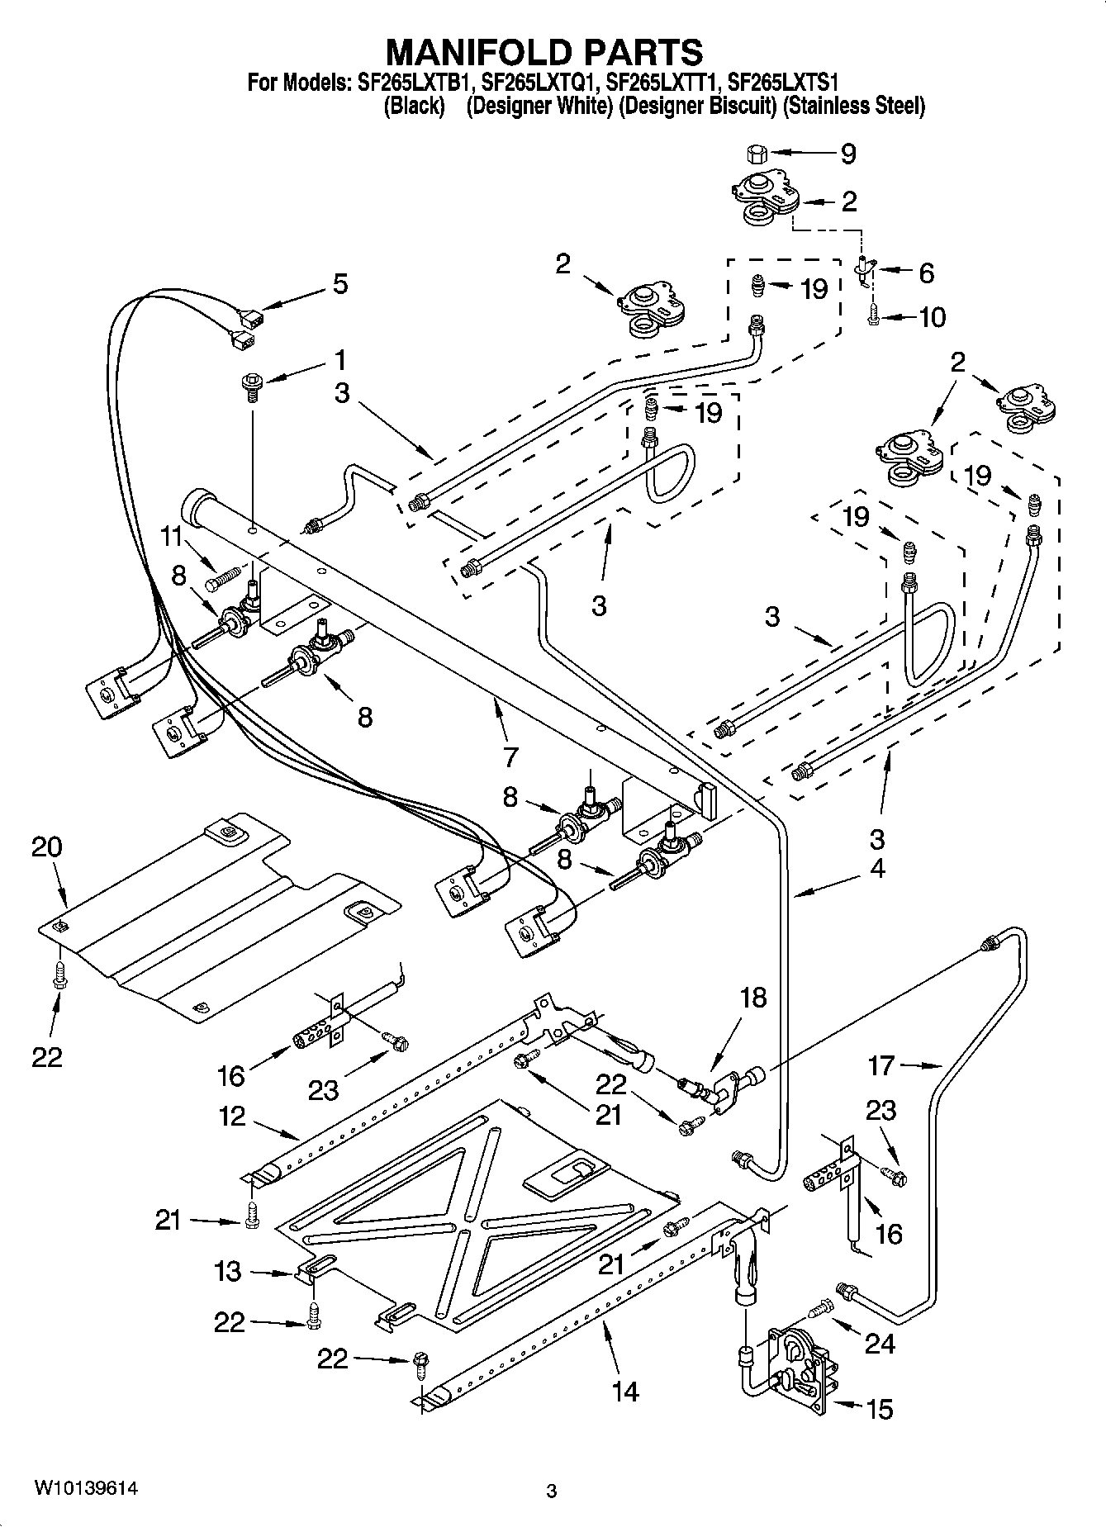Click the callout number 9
tap(848, 154)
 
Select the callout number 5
tap(339, 284)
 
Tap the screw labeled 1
tap(250, 386)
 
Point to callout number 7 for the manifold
tap(510, 756)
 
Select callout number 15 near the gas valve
tap(881, 1408)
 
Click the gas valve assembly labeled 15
tap(795, 1368)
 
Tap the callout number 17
tap(881, 1065)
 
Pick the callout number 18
tap(753, 997)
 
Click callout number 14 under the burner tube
tap(625, 1392)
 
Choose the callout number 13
tap(227, 1271)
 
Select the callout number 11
tap(171, 537)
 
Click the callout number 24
tap(879, 1344)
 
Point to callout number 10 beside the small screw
tap(932, 317)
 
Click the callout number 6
tap(926, 273)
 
